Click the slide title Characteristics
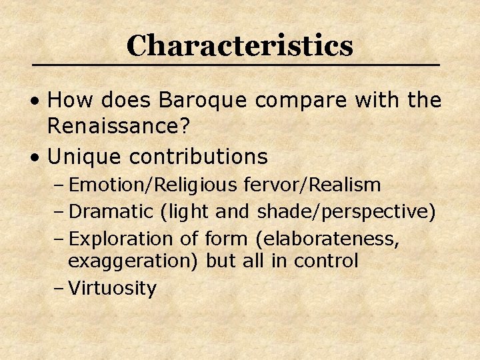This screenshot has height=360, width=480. point(239,45)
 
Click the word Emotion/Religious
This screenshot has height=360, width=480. point(151,185)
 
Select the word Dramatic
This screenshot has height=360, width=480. point(111,211)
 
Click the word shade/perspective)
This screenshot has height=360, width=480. point(347,211)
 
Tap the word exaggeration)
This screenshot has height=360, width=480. point(133,261)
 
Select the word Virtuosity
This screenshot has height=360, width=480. point(113,289)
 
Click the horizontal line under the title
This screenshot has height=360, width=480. point(237,65)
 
